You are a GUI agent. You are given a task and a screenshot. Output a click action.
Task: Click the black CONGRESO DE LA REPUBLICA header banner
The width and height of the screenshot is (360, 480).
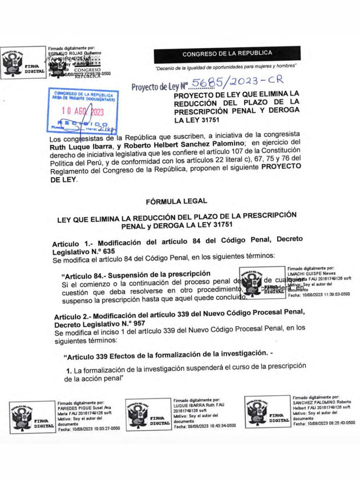click(227, 54)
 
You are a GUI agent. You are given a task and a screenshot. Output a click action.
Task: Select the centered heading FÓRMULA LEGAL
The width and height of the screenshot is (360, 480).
click(176, 201)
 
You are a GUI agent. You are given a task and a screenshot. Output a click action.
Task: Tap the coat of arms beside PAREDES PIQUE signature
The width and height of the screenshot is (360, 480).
click(21, 417)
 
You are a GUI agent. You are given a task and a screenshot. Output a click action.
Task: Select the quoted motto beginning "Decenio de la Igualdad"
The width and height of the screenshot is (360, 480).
click(226, 67)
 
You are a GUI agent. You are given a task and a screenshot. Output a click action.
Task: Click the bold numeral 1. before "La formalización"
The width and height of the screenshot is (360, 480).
click(69, 371)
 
